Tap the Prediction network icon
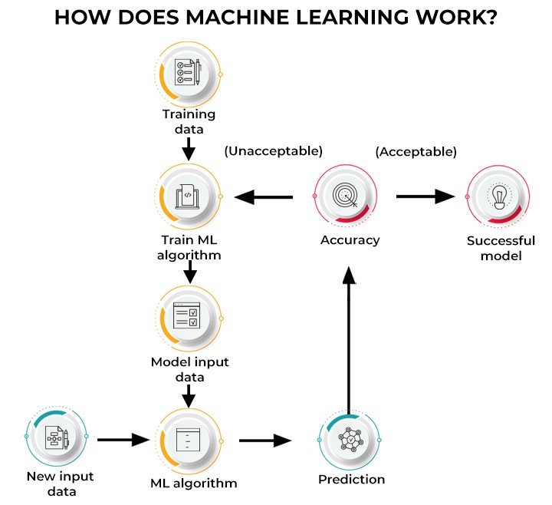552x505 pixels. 350,441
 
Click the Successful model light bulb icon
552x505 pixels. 498,196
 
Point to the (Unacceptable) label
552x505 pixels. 273,150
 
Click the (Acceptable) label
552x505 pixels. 416,151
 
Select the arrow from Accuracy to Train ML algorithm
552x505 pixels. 264,197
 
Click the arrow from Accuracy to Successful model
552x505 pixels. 426,196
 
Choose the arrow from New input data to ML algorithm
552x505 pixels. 123,440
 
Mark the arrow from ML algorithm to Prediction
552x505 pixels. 266,441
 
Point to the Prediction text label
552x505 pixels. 351,480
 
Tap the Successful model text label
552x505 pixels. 501,248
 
